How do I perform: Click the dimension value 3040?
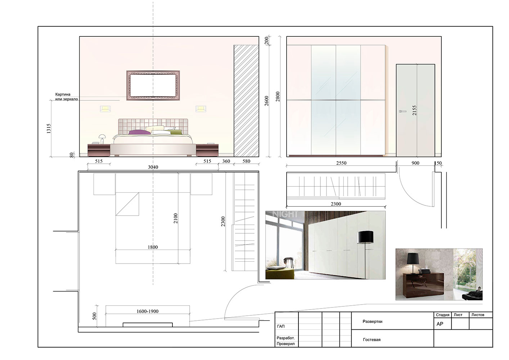[x=153, y=167]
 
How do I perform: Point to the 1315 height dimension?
[x=49, y=129]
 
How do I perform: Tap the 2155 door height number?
[x=414, y=110]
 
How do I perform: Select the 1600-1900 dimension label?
[x=148, y=311]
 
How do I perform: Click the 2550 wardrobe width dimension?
[x=341, y=163]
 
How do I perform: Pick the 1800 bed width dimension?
[x=153, y=247]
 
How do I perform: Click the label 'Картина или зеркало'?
[x=67, y=96]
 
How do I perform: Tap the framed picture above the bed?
[x=153, y=85]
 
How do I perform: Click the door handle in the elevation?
[x=402, y=111]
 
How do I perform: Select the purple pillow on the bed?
[x=136, y=132]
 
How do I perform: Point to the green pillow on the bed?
[x=176, y=132]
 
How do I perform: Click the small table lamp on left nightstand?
[x=102, y=139]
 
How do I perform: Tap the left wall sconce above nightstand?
[x=105, y=109]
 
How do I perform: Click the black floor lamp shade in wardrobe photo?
[x=365, y=237]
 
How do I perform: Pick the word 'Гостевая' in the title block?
[x=371, y=339]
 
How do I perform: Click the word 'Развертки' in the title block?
[x=373, y=321]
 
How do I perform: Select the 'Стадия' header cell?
[x=442, y=315]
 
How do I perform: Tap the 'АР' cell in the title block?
[x=440, y=324]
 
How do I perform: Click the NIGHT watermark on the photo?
[x=285, y=214]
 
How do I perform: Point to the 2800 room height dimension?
[x=278, y=96]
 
